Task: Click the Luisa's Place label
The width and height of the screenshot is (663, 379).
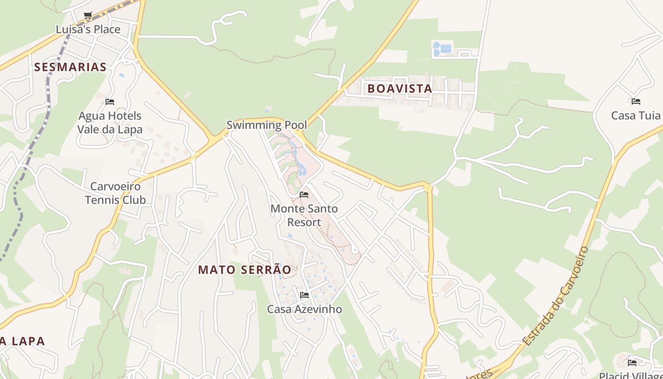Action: [88, 29]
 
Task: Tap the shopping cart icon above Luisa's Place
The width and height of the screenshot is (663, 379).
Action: [88, 16]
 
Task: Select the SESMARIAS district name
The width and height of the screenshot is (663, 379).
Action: [70, 67]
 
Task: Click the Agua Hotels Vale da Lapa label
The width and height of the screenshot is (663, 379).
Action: [109, 122]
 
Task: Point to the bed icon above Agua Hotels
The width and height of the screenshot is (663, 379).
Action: [110, 102]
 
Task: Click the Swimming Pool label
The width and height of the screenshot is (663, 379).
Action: [267, 125]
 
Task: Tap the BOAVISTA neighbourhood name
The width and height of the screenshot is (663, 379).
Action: [400, 89]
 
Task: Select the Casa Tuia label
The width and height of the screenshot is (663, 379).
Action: [636, 115]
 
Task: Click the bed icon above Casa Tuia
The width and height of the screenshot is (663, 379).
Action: [636, 101]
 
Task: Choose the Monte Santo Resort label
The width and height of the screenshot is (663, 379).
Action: [304, 215]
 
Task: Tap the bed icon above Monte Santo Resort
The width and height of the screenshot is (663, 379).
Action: [304, 195]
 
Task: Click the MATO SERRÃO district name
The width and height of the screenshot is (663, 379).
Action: [244, 270]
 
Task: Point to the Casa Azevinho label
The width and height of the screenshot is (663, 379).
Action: [305, 309]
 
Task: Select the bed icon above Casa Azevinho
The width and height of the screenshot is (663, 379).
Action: [305, 295]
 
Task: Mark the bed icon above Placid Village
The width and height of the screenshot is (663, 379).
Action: [632, 363]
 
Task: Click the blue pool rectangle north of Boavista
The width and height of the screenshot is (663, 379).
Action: [446, 48]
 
